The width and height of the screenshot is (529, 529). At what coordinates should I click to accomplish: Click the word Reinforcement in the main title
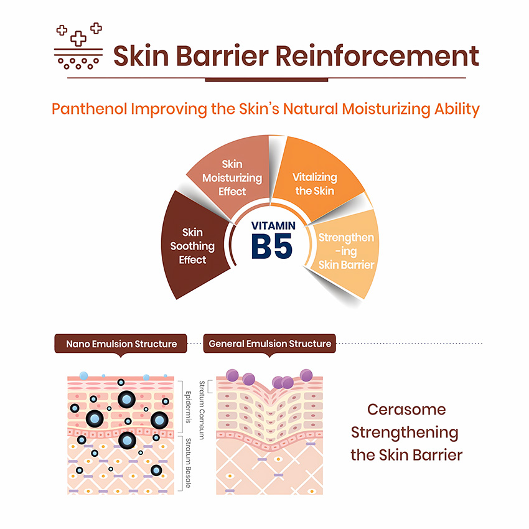tap(377, 55)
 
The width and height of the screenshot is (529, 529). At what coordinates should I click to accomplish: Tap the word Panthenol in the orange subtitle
tap(90, 109)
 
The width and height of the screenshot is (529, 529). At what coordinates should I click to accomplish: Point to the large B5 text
tap(272, 246)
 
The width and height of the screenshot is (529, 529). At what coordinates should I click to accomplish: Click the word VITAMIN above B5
tap(273, 226)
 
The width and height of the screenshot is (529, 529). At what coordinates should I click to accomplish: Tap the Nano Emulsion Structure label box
tap(121, 344)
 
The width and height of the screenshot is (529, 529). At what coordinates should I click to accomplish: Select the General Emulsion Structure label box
tap(269, 344)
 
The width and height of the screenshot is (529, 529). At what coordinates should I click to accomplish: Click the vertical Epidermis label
tap(188, 407)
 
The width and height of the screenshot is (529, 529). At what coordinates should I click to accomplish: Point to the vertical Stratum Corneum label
tap(202, 410)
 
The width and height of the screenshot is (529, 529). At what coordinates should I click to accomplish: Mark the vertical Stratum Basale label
tap(188, 463)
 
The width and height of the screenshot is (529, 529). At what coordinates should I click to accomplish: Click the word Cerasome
tap(406, 410)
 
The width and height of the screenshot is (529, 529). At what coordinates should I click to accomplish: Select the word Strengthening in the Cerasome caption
tap(405, 433)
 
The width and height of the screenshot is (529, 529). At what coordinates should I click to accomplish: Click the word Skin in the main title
tap(141, 55)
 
